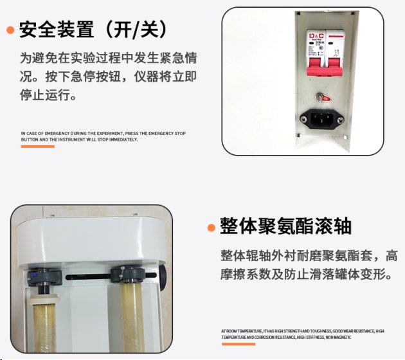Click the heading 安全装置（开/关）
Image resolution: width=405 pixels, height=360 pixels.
point(94,29)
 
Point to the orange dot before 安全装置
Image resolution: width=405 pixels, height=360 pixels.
point(10,30)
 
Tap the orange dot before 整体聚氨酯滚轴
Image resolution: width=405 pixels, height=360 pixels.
point(211,228)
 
